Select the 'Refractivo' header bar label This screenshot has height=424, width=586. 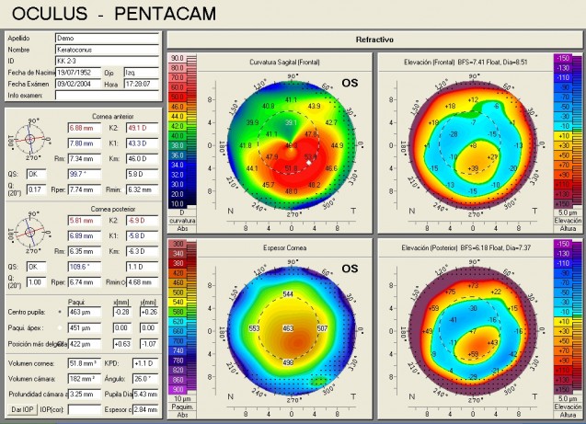click(x=374, y=40)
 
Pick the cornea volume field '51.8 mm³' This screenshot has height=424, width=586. click(x=86, y=363)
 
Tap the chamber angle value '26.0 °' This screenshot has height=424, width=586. click(x=144, y=378)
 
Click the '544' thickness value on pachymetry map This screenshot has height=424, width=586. click(x=290, y=294)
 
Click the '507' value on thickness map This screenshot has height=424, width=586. click(x=322, y=327)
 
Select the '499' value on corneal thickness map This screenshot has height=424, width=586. click(x=288, y=362)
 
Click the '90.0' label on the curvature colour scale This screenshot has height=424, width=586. click(x=179, y=58)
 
